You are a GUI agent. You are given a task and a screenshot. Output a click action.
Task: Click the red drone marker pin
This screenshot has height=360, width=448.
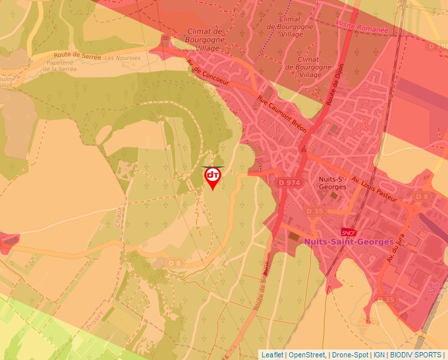pyautogui.click(x=212, y=177)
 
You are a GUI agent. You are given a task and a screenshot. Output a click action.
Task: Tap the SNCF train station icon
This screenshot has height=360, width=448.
pyautogui.click(x=349, y=232)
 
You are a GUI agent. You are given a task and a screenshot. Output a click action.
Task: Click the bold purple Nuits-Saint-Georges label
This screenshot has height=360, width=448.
pyautogui.click(x=349, y=242)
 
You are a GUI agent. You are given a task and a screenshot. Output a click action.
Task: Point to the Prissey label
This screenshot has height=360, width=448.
pyautogui.click(x=95, y=319)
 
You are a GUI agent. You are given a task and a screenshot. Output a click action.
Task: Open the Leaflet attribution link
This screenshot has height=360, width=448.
pyautogui.click(x=273, y=355)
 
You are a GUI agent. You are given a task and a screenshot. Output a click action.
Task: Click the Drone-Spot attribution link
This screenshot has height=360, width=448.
pyautogui.click(x=349, y=355)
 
